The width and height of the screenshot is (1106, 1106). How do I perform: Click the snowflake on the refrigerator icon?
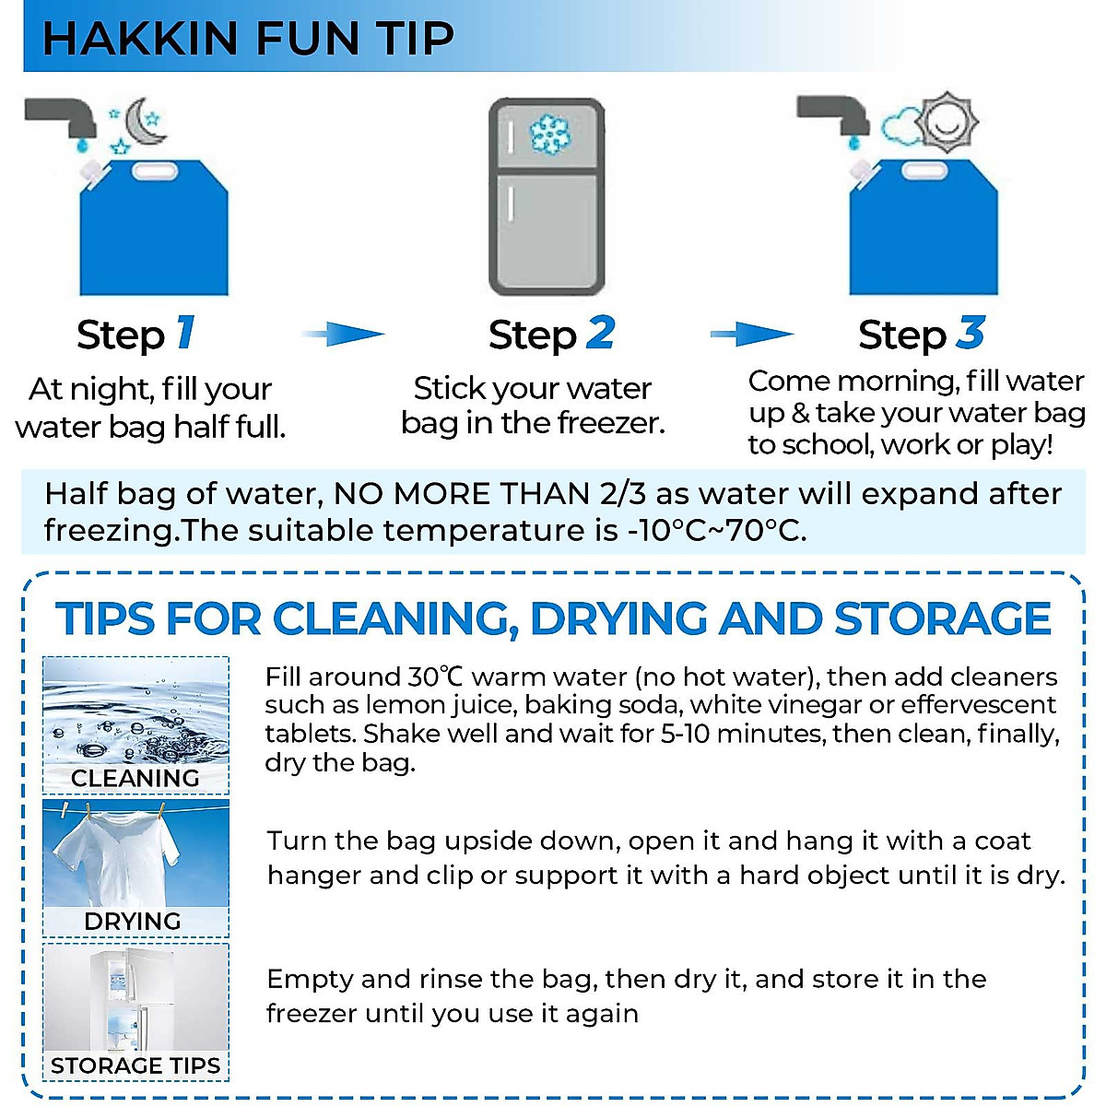(x=549, y=135)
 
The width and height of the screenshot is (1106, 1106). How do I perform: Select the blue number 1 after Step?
(x=185, y=333)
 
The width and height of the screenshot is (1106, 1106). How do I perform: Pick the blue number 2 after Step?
(x=600, y=333)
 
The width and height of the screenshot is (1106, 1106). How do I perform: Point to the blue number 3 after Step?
(x=970, y=333)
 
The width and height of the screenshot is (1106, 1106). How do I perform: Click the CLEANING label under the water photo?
(x=135, y=778)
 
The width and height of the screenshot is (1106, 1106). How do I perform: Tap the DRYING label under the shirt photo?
(x=133, y=921)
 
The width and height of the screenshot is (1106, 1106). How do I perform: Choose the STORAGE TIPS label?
(x=135, y=1065)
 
